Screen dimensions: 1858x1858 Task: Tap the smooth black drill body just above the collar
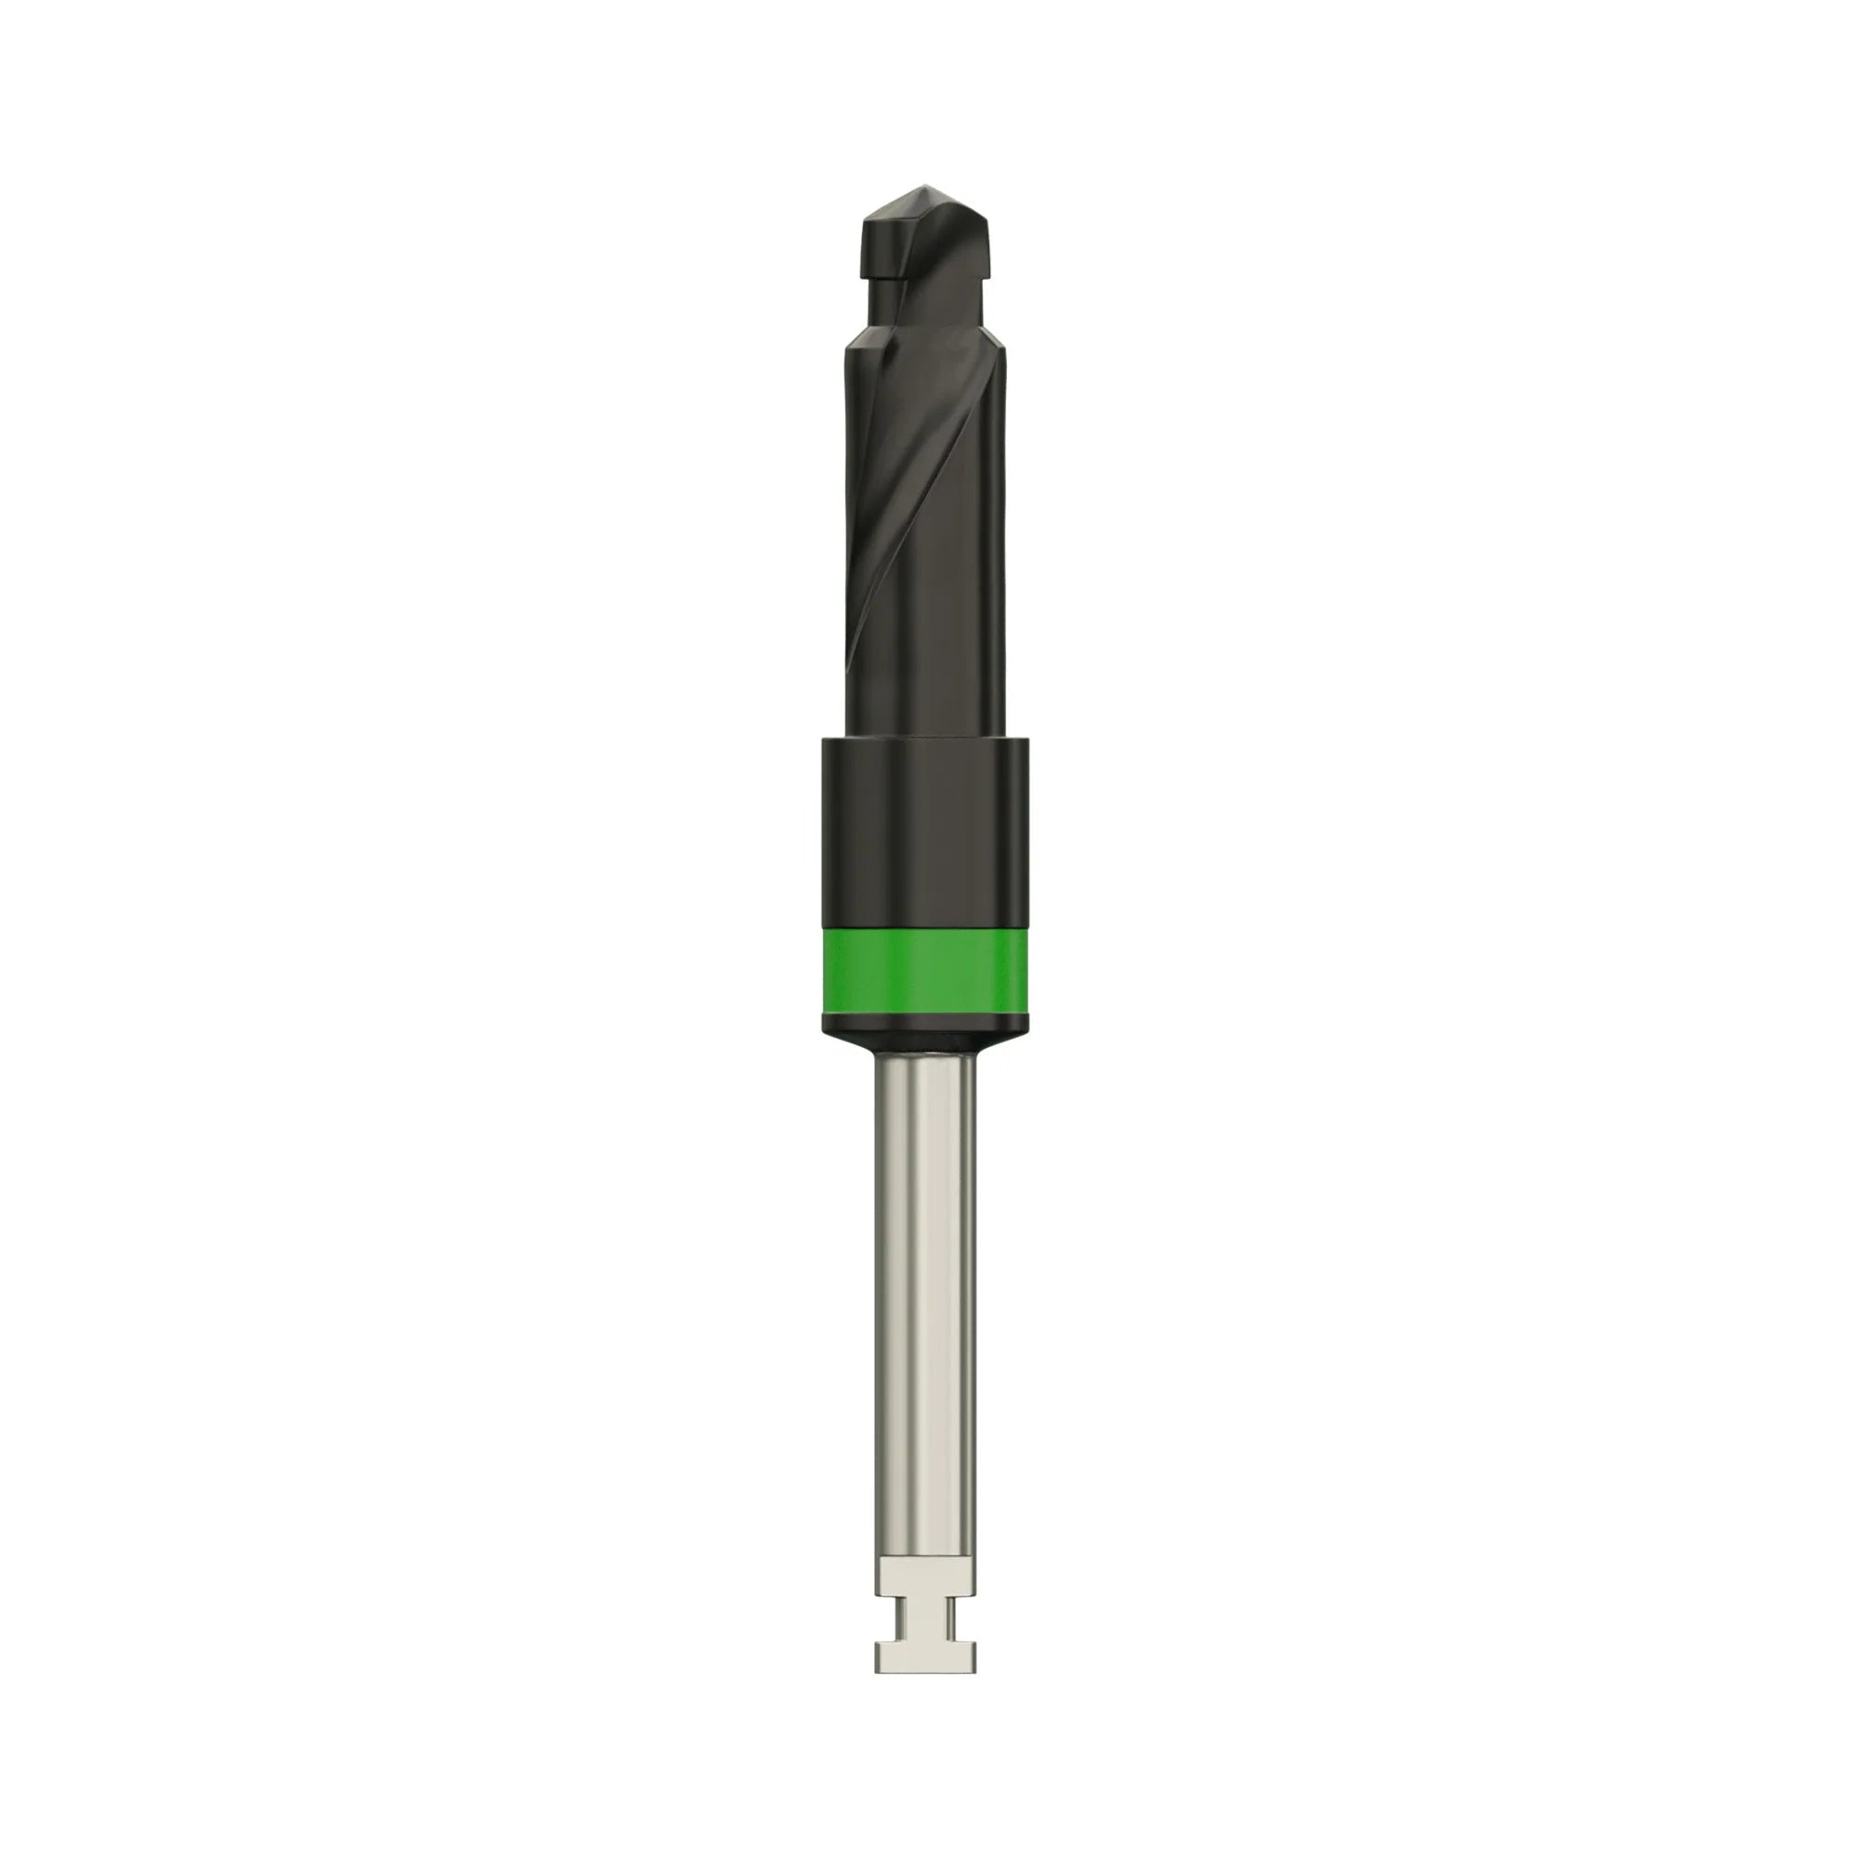tap(925, 674)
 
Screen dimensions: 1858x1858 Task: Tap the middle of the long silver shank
tap(925, 1250)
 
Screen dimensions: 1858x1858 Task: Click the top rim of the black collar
tap(925, 742)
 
